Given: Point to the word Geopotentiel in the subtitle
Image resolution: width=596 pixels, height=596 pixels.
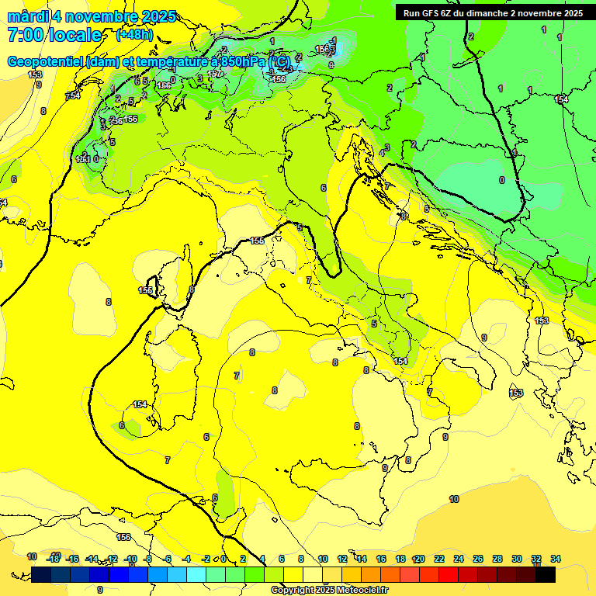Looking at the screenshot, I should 46,61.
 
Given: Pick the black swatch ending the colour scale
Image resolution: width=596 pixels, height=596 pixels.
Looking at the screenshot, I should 546,575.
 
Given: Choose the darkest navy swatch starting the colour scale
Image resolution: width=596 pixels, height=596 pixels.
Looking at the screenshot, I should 41,575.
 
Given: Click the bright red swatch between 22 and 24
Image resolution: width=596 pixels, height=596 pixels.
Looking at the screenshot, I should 449,575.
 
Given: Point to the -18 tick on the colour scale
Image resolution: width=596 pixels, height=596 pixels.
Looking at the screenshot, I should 53,559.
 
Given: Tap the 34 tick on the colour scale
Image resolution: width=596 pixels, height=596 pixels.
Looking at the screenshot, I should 556,559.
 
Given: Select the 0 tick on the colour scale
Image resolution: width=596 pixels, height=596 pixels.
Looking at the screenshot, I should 223,559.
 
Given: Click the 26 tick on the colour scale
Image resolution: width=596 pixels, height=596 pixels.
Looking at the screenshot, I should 478,559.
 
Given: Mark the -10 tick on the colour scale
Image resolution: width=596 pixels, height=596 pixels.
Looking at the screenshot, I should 130,559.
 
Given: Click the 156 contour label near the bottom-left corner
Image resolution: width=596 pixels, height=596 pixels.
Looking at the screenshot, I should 123,537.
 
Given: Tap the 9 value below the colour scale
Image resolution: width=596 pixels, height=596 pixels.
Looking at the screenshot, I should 99,590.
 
